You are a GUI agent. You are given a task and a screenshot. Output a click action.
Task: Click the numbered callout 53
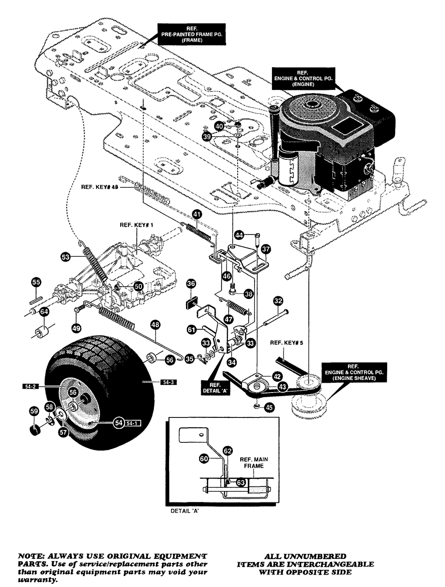pyautogui.click(x=65, y=257)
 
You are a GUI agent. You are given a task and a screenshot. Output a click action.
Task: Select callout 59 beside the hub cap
pyautogui.click(x=34, y=411)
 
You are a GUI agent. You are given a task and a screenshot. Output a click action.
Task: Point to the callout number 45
pyautogui.click(x=269, y=407)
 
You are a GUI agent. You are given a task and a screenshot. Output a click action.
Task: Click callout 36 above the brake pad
pyautogui.click(x=191, y=283)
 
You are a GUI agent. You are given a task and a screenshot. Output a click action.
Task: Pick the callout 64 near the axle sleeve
pyautogui.click(x=44, y=312)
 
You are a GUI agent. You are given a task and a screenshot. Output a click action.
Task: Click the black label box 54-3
pyautogui.click(x=169, y=382)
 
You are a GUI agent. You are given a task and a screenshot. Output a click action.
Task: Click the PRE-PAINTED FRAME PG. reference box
pyautogui.click(x=191, y=34)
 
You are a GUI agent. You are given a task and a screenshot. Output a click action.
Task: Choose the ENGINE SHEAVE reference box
pyautogui.click(x=354, y=372)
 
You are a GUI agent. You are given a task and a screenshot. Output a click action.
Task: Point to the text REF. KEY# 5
pyautogui.click(x=287, y=343)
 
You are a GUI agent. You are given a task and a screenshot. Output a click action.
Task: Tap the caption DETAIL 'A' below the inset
pyautogui.click(x=185, y=511)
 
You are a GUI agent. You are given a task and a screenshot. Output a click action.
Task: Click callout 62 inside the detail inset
pyautogui.click(x=228, y=451)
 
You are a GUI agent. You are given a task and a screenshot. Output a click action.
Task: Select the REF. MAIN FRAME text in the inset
pyautogui.click(x=254, y=462)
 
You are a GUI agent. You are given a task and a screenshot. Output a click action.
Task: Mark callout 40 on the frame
pyautogui.click(x=219, y=126)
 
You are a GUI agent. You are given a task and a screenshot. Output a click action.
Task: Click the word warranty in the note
pyautogui.click(x=37, y=580)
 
